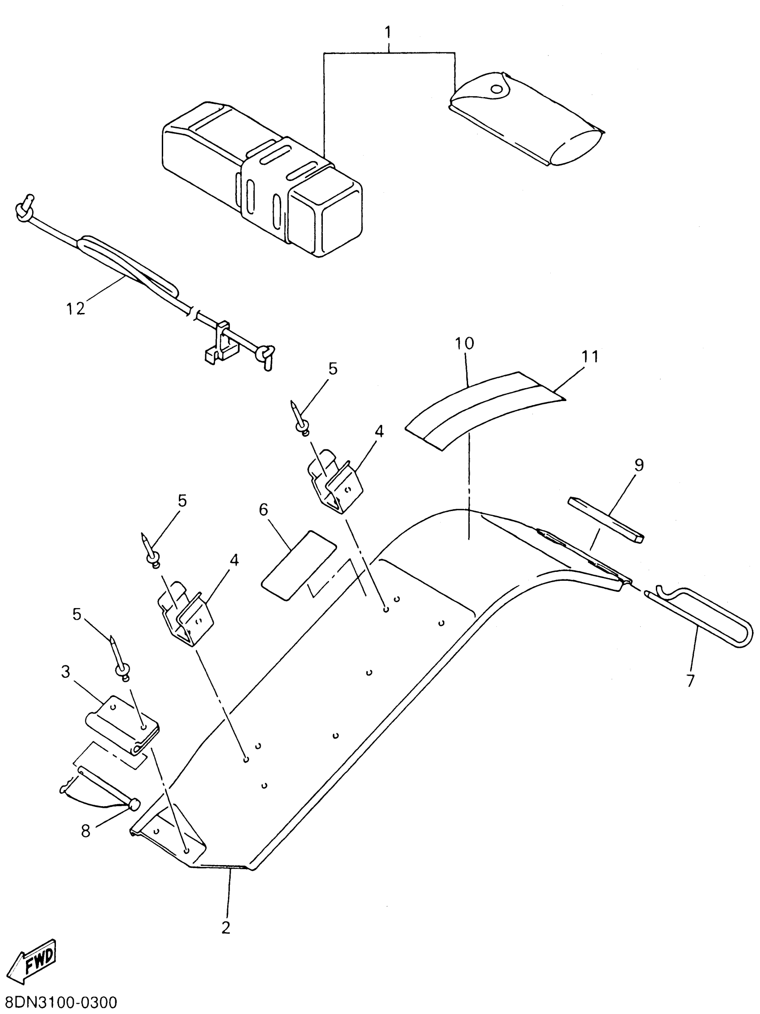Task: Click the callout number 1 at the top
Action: [388, 33]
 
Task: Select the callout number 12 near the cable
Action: [75, 308]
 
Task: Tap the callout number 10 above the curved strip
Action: [464, 343]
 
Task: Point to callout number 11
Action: [590, 356]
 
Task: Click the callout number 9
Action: [639, 465]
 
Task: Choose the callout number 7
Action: [690, 681]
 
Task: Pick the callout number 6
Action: [264, 509]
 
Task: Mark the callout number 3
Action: [66, 672]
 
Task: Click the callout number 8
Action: [86, 831]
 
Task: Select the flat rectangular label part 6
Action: [298, 565]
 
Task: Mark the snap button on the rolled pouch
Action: [496, 89]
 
